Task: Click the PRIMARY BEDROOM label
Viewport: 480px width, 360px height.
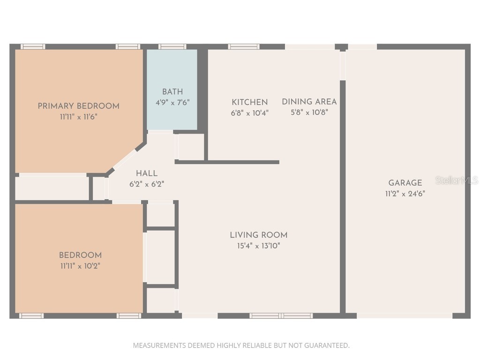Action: [78, 106]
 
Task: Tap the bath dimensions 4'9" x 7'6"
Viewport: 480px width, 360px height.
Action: [172, 102]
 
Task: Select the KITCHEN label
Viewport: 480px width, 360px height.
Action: [249, 102]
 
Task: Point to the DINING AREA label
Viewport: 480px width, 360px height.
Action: [309, 102]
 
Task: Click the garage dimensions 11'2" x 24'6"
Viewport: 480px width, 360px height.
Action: [405, 194]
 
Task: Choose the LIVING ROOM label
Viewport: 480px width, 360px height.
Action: [259, 235]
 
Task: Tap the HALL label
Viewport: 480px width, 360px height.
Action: [147, 173]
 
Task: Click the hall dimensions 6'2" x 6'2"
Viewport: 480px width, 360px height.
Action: [147, 184]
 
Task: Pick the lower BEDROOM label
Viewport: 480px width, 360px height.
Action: [80, 255]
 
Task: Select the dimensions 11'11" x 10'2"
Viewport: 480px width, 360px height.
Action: [80, 266]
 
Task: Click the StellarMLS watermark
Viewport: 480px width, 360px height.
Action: [457, 180]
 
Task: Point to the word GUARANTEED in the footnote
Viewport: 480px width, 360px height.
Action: [327, 345]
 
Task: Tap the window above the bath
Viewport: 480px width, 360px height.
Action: [172, 46]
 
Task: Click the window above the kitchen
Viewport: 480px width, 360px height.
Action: [244, 46]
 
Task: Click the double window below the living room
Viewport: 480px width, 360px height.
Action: [281, 315]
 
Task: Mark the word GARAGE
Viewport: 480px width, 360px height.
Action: [405, 183]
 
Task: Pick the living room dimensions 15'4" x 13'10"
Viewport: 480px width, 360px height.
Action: [259, 246]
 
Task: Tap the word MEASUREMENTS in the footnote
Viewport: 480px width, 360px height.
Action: [159, 345]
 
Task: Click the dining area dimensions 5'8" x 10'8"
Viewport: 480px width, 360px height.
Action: [309, 112]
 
